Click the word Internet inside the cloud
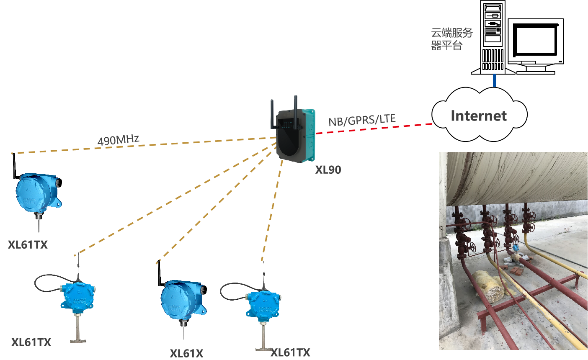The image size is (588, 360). coord(479,116)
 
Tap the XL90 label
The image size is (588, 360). coord(328,170)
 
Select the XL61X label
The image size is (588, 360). coord(186,353)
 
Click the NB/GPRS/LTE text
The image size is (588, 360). coord(362,120)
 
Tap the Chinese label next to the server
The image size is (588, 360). coord(452,39)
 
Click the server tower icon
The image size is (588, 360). coord(493,38)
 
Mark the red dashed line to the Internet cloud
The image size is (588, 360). coord(373,129)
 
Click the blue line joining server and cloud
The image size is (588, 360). coord(495,81)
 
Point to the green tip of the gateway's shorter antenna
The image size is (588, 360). coord(272,100)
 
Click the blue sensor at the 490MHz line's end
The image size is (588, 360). coord(37,193)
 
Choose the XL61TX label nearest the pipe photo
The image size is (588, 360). coord(290,353)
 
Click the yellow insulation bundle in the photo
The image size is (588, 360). coord(489,287)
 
